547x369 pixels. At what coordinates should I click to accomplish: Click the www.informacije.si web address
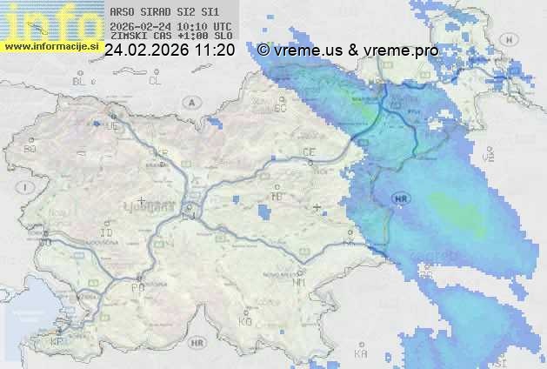51,45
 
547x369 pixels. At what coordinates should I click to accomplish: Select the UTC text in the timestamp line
221,26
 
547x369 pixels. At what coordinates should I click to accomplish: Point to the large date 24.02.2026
148,50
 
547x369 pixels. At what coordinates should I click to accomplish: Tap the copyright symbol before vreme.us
263,50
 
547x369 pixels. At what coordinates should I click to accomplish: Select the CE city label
309,152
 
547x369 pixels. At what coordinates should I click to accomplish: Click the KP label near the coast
57,342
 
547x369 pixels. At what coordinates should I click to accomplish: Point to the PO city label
137,287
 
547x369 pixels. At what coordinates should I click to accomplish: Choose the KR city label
161,151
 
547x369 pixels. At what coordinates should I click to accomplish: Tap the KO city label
245,321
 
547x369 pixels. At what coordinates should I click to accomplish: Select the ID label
107,233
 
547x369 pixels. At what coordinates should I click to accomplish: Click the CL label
155,81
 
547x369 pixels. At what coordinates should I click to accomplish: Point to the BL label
80,81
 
